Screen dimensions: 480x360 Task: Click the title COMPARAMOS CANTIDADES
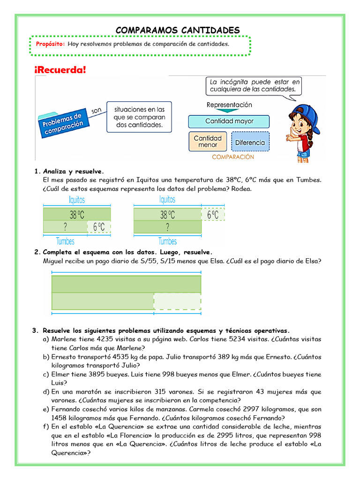click(x=178, y=30)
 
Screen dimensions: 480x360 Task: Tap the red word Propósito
click(x=50, y=44)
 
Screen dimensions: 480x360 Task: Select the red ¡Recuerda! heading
click(x=60, y=70)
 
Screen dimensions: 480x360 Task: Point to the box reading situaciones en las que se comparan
click(x=138, y=117)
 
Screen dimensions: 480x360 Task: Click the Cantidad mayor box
click(x=229, y=121)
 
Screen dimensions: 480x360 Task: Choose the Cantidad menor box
click(x=208, y=142)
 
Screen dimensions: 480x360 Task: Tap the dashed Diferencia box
click(x=250, y=142)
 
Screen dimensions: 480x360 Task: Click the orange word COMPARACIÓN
click(x=233, y=157)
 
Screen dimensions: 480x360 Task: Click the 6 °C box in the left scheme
click(x=99, y=227)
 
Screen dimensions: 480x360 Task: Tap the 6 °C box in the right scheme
click(x=213, y=215)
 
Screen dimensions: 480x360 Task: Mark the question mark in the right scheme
click(x=167, y=227)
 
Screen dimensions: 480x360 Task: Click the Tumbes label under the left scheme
click(x=65, y=241)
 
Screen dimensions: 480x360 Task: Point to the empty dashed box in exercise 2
click(x=177, y=300)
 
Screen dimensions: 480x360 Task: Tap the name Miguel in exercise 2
click(x=53, y=261)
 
